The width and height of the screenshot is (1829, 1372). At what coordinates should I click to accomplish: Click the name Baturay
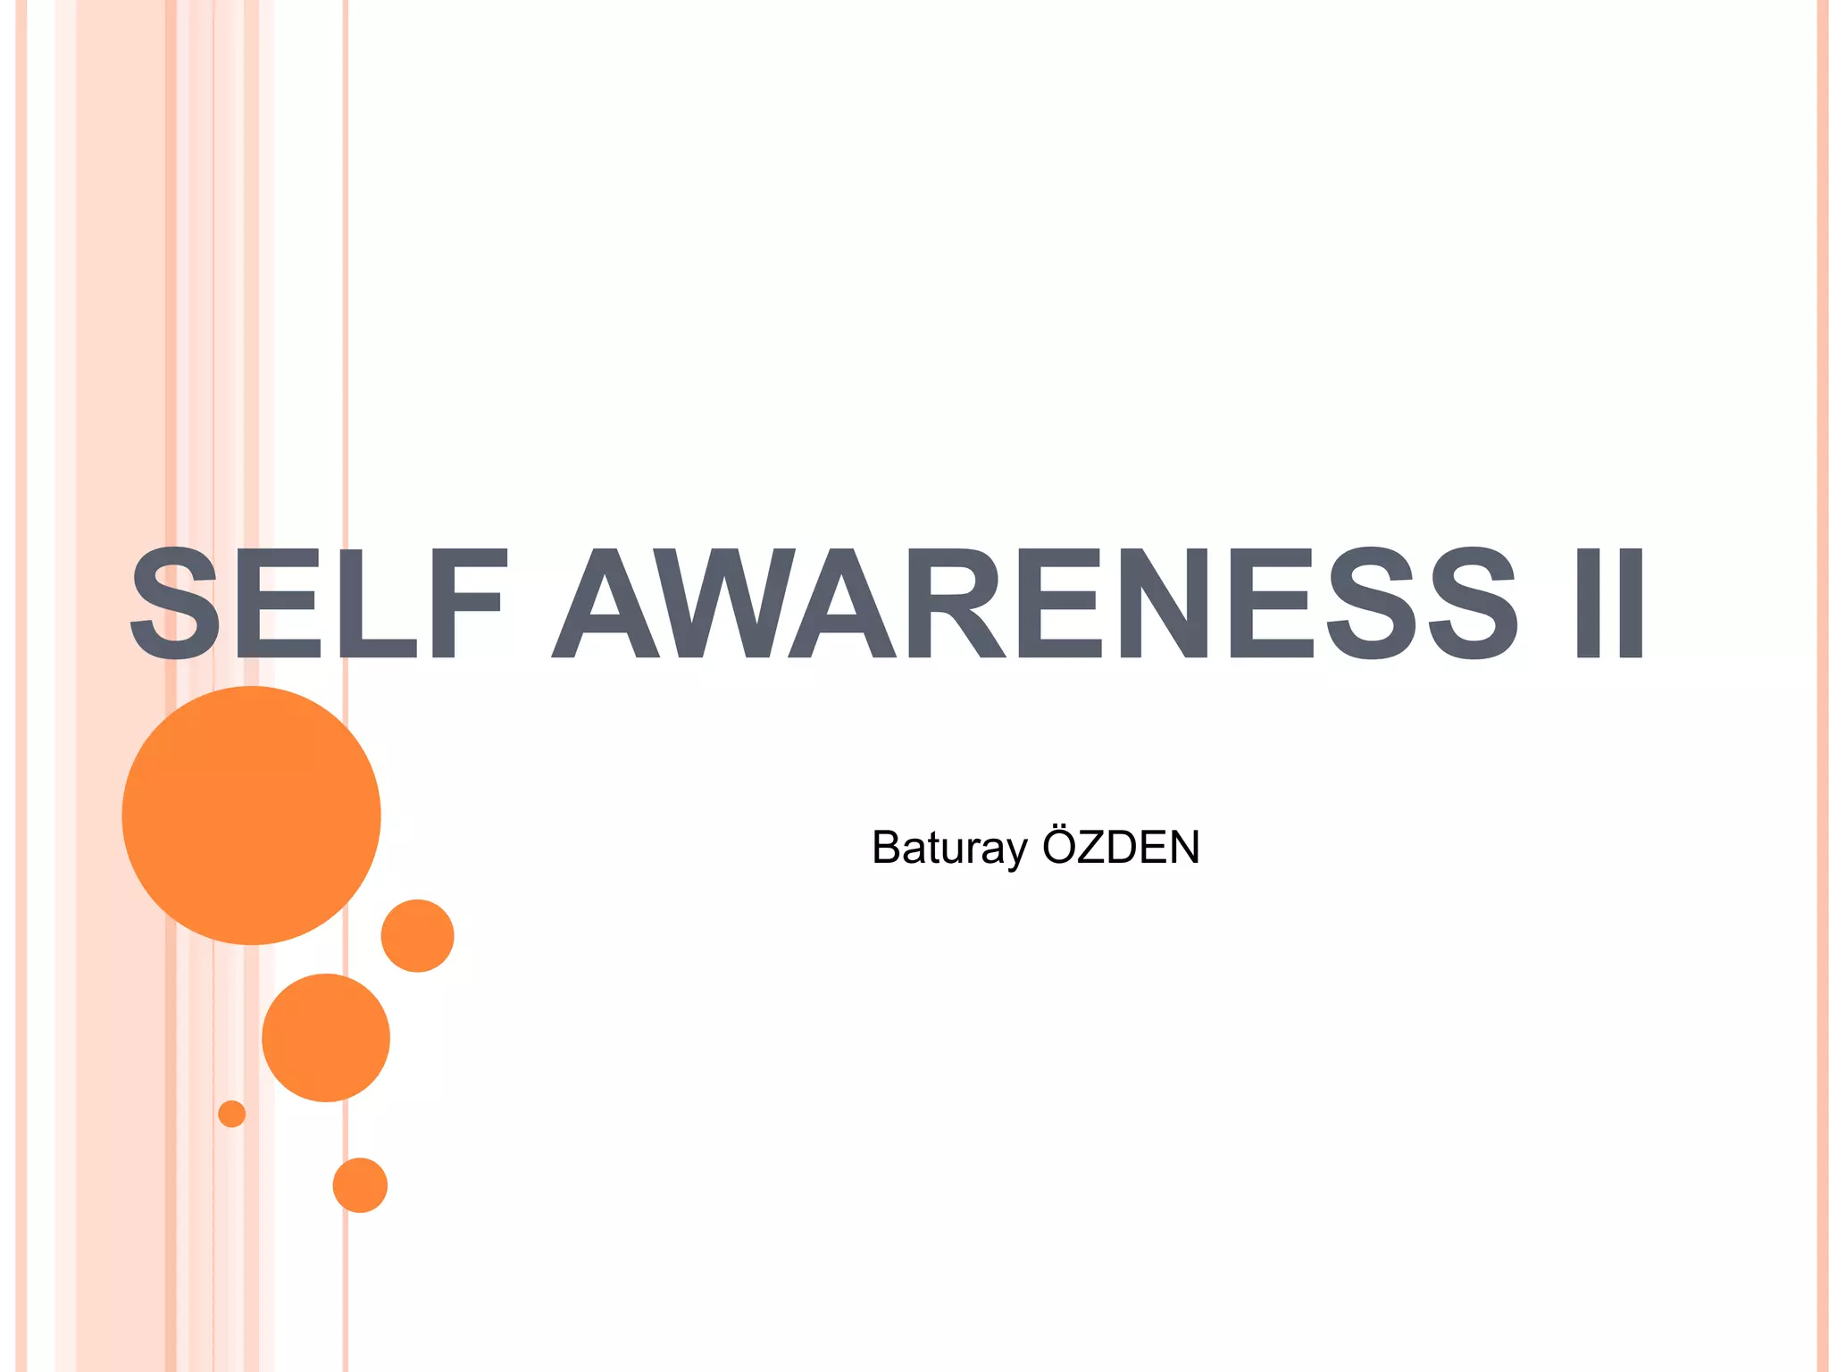949,848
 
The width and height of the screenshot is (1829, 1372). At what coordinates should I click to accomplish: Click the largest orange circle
251,815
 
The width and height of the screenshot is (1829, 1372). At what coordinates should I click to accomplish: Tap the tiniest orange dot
231,1114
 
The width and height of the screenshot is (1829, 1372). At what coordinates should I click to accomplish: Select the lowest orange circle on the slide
360,1185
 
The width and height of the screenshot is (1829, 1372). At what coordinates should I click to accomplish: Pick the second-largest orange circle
326,1038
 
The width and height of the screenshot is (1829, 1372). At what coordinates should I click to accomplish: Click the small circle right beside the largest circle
417,935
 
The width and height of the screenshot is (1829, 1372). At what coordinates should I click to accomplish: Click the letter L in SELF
380,604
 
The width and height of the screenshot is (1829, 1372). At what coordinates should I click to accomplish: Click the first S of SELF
175,604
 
